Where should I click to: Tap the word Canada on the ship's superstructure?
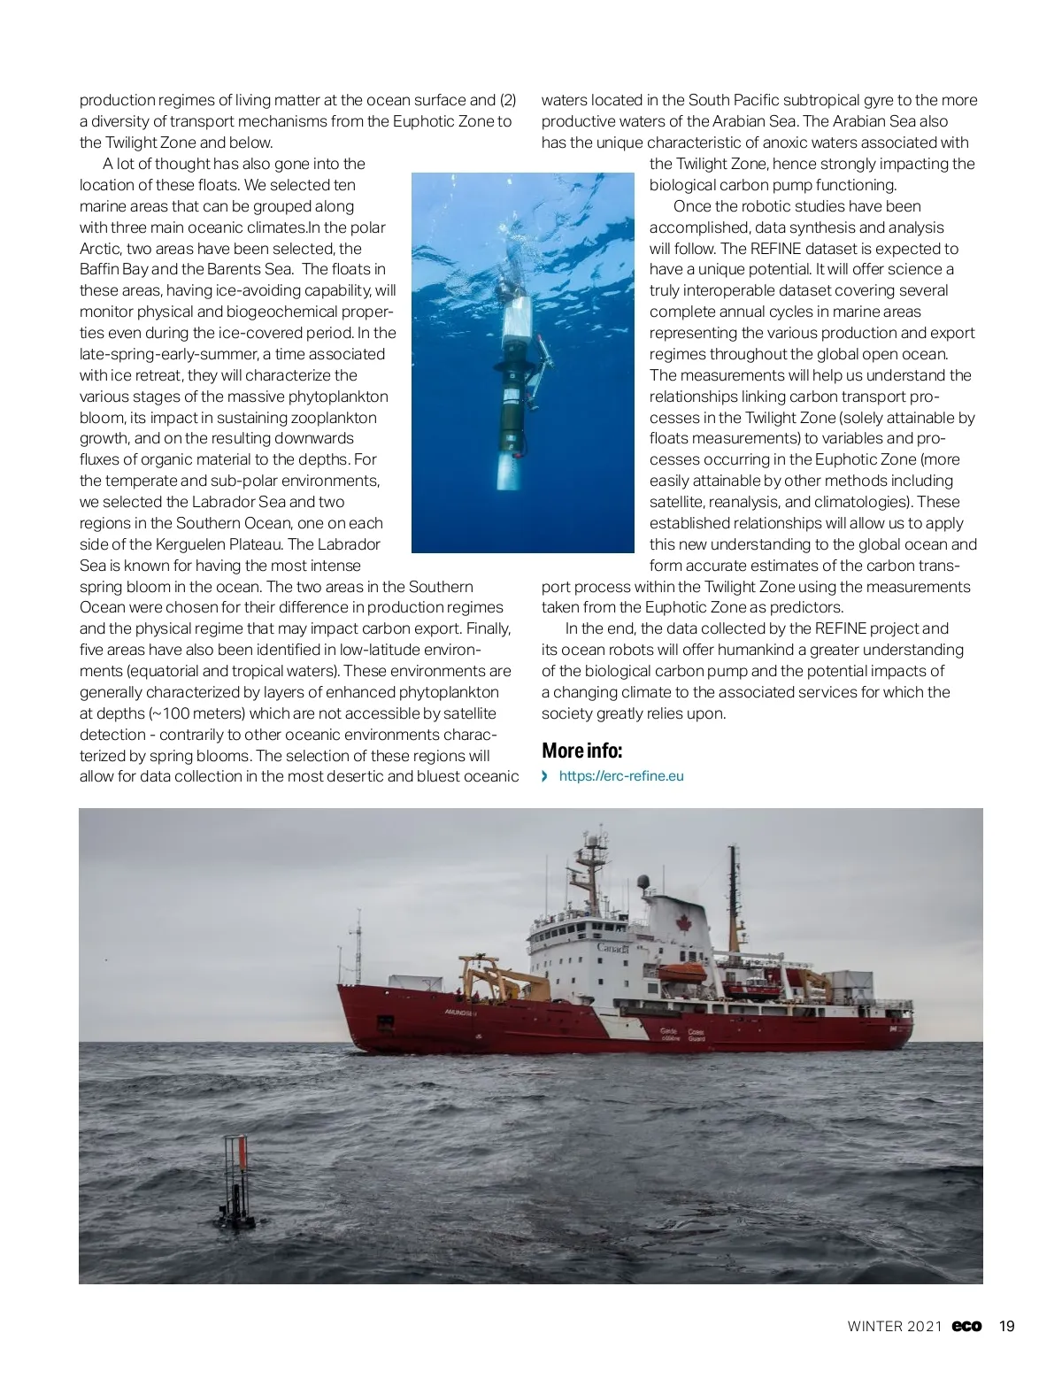coord(613,948)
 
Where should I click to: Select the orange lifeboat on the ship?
coord(681,973)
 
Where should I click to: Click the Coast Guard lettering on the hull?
coord(683,1035)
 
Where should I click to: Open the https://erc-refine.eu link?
coord(621,776)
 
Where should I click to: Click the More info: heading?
coord(582,751)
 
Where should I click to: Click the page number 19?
coord(1006,1326)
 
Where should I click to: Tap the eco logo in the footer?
coord(966,1326)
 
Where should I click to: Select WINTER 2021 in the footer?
coord(894,1326)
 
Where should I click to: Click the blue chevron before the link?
coord(546,776)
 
